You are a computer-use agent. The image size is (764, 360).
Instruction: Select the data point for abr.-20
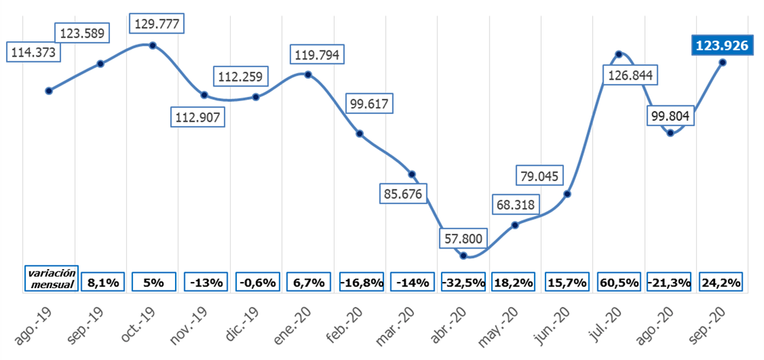[464, 255]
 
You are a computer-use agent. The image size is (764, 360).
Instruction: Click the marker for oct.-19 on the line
[153, 45]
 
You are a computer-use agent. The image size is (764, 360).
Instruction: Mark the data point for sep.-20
[723, 62]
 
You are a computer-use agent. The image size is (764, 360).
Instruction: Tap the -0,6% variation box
[257, 282]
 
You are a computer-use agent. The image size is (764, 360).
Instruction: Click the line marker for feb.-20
[360, 134]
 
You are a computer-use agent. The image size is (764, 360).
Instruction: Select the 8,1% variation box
[102, 282]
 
